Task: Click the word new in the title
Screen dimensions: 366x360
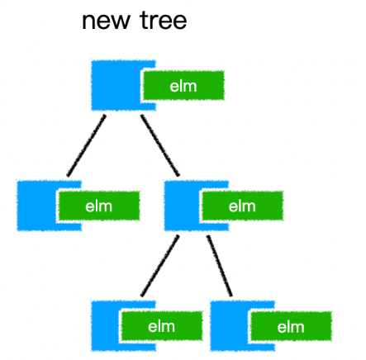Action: coord(107,21)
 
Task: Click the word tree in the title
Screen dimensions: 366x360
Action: coord(164,20)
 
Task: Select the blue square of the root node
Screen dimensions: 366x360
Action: coord(116,85)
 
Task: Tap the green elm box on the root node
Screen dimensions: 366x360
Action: coord(183,85)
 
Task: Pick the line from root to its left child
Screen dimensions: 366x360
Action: coord(86,145)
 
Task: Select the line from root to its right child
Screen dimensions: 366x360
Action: coord(160,145)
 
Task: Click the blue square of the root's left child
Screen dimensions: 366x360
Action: coord(37,206)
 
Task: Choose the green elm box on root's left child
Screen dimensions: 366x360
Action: coord(99,206)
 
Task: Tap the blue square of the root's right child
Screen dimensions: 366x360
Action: coord(183,206)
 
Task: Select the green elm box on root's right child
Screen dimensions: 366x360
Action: coord(243,206)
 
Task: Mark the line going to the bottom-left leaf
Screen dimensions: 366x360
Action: coord(160,266)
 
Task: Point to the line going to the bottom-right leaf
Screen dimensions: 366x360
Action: coord(220,266)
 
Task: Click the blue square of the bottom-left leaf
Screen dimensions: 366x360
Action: coord(106,326)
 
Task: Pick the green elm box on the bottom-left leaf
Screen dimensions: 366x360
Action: coord(162,326)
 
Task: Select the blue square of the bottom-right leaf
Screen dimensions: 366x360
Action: coord(229,326)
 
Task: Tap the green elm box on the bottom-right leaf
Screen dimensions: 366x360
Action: coord(292,326)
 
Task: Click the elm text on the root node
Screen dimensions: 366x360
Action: coord(183,86)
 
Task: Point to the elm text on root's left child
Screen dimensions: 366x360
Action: coord(99,206)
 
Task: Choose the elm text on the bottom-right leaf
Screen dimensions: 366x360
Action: coord(291,327)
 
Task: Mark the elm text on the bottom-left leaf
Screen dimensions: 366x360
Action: coord(161,327)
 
